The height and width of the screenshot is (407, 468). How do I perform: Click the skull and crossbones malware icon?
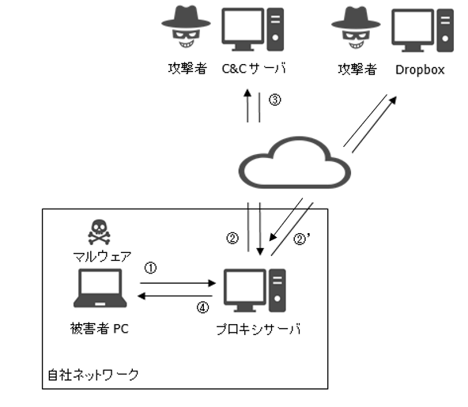point(99,232)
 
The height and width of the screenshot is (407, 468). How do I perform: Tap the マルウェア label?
point(102,256)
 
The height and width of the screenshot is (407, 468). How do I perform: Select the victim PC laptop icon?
point(100,288)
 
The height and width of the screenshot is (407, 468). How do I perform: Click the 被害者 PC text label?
point(100,329)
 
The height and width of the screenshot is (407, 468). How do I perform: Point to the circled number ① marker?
point(150,268)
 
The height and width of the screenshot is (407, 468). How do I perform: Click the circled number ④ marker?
point(202,307)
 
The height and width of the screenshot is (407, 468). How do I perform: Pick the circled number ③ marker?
point(275,100)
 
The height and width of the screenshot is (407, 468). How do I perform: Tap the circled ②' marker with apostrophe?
point(302,239)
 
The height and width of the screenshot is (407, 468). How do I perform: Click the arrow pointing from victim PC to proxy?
point(178,283)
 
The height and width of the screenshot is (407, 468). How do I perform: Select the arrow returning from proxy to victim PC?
point(175,296)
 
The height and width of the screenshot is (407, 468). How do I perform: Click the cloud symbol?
point(295,163)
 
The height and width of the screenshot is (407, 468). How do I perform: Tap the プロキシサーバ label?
point(259,329)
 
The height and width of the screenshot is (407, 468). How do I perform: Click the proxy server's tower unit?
point(277,290)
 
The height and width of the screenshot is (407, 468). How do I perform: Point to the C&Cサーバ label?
point(254,69)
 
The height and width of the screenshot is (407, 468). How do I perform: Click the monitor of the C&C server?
point(243,29)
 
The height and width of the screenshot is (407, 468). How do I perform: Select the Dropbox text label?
point(420,70)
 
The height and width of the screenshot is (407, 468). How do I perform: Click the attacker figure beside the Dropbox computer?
point(356,28)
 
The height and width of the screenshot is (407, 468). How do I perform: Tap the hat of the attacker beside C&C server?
point(186,18)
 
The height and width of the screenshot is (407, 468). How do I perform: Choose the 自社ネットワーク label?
point(93,375)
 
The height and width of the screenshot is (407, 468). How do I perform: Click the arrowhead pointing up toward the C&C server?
point(247,92)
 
